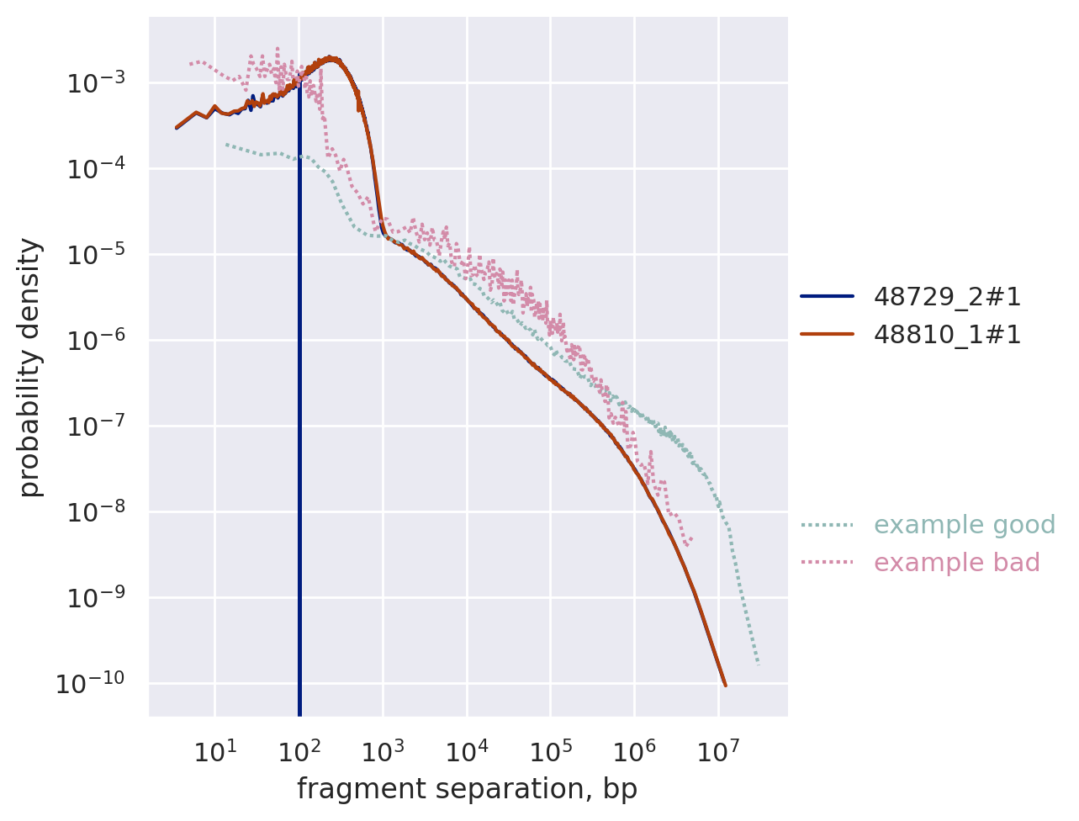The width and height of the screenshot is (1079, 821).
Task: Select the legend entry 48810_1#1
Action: [947, 335]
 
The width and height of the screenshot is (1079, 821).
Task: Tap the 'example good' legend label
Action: [964, 525]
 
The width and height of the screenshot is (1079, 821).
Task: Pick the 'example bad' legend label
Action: [956, 563]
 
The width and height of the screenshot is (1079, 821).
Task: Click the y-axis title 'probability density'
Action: [30, 367]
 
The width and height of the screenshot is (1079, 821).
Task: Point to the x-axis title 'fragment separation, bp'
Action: [467, 789]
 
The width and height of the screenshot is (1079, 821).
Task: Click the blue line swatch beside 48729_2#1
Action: [827, 296]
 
